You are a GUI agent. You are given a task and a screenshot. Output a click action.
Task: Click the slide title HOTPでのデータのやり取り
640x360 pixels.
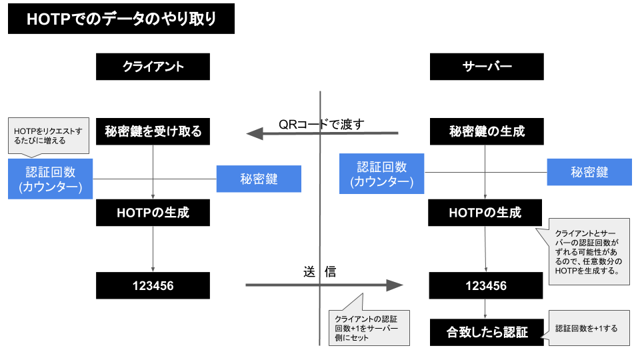click(x=121, y=19)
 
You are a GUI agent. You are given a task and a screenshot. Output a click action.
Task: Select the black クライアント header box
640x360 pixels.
click(x=153, y=67)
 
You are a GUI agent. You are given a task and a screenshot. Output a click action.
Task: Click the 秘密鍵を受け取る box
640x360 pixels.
click(x=153, y=131)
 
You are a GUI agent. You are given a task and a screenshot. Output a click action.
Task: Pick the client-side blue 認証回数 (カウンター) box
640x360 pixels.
click(x=51, y=179)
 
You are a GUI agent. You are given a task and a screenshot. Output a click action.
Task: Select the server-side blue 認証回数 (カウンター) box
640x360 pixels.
click(x=382, y=174)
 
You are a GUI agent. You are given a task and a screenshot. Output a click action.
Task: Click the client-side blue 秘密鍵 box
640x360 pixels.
click(x=259, y=179)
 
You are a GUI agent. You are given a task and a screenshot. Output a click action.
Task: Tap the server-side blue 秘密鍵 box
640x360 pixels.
click(x=589, y=172)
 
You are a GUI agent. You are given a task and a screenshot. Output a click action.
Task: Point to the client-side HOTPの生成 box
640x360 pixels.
click(x=153, y=213)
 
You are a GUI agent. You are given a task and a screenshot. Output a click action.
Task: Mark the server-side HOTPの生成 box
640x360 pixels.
click(x=485, y=213)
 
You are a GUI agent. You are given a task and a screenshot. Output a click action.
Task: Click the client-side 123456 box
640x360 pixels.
click(x=153, y=285)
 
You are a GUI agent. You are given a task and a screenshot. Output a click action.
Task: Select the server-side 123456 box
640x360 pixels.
click(x=485, y=285)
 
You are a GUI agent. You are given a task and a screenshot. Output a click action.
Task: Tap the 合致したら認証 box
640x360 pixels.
click(x=487, y=332)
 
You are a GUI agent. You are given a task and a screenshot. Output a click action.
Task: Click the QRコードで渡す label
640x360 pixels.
click(x=321, y=123)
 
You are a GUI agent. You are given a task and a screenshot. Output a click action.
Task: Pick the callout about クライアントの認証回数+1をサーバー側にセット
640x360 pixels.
click(x=367, y=327)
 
